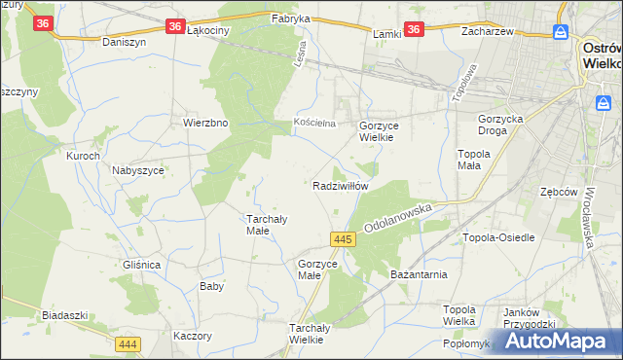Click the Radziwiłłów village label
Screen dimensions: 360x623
(x=340, y=185)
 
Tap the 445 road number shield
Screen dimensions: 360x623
(x=341, y=238)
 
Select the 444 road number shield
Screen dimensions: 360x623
(x=128, y=344)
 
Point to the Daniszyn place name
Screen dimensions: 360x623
(x=124, y=43)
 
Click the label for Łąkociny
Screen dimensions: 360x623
(x=206, y=30)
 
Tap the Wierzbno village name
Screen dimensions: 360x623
(x=205, y=123)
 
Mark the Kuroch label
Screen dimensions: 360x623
(x=83, y=156)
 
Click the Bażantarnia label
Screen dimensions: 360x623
(x=419, y=274)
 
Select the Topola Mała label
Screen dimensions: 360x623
(x=477, y=160)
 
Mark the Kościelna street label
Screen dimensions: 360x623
(x=314, y=123)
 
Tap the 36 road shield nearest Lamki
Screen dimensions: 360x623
(x=414, y=30)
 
